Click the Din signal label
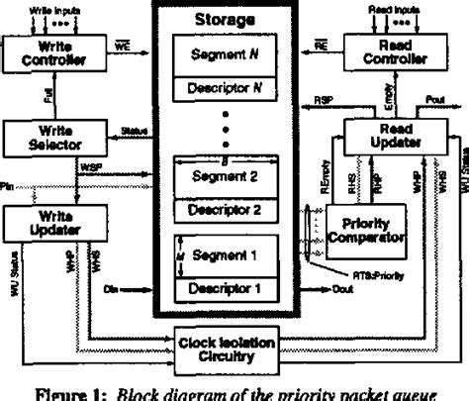pos(111,290)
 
